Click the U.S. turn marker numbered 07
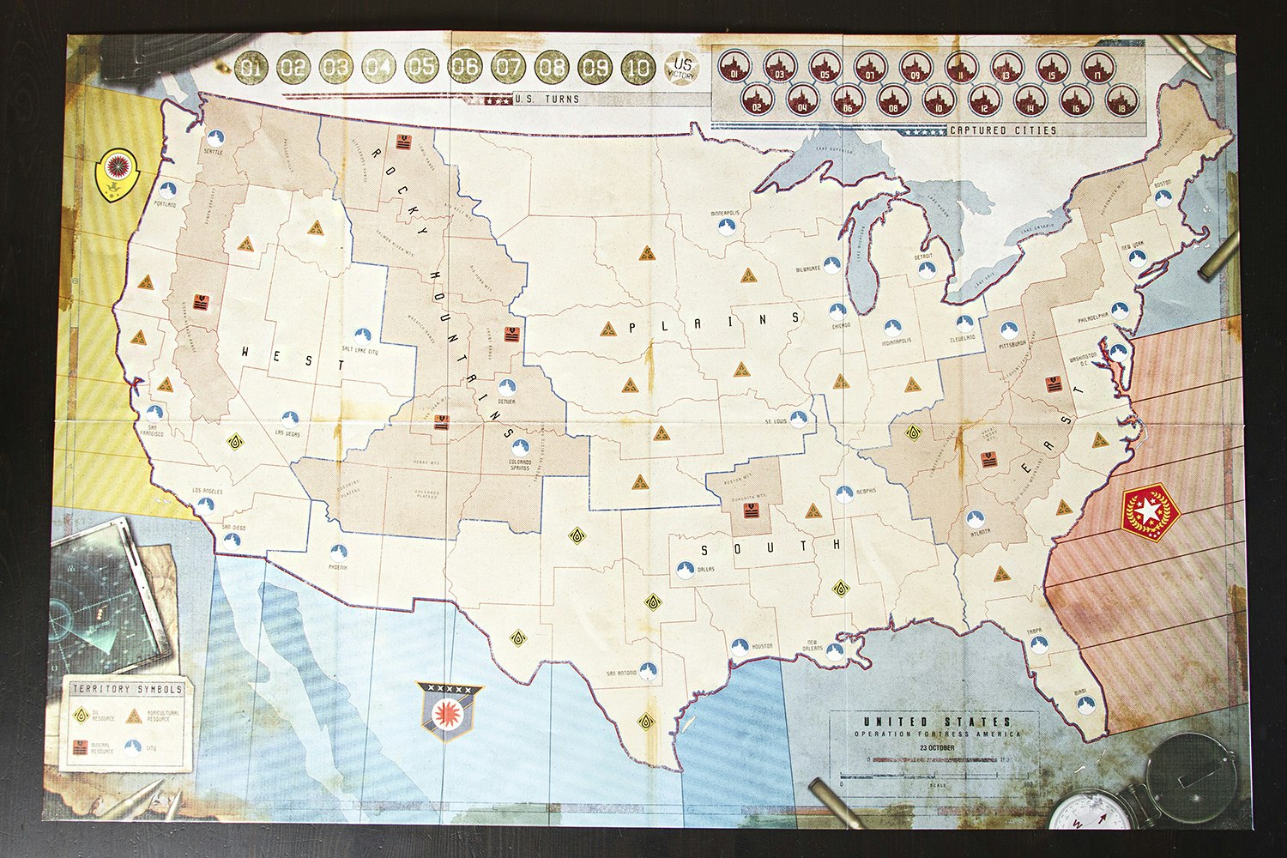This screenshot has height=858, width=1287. tap(508, 67)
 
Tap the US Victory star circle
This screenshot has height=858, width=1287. tap(683, 68)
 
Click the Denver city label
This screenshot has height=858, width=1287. tap(506, 402)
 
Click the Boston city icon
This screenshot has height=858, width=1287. tap(1163, 197)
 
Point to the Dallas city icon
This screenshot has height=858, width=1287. tap(685, 569)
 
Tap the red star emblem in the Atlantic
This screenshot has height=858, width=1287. tap(1149, 511)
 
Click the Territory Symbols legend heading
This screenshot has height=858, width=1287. tap(127, 689)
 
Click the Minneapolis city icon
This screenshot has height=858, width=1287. tap(727, 225)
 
